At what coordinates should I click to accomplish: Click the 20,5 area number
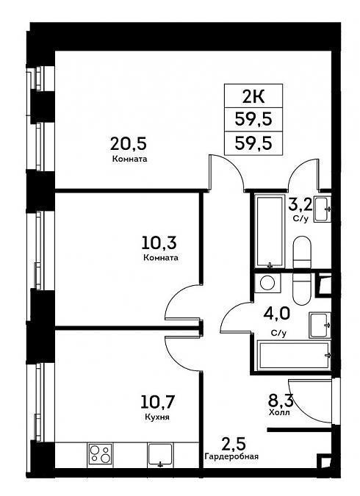click(129, 144)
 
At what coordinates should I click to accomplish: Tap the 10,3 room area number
click(159, 242)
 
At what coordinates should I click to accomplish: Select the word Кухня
click(157, 417)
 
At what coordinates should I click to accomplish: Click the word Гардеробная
click(231, 456)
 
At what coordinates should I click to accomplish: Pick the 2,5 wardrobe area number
click(234, 444)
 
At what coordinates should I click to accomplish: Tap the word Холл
click(279, 412)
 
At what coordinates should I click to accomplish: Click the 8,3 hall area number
click(281, 400)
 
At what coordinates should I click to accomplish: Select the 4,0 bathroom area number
click(276, 315)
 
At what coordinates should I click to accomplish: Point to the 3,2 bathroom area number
click(300, 205)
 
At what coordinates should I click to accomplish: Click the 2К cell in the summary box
click(253, 96)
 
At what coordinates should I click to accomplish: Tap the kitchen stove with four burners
click(100, 454)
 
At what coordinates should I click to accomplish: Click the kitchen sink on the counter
click(160, 455)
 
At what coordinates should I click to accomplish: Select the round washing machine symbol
click(267, 282)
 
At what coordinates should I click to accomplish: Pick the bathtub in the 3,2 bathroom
click(270, 231)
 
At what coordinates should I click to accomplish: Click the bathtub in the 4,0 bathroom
click(295, 355)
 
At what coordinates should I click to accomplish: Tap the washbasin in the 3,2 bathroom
click(323, 209)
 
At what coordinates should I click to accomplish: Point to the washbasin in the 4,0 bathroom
click(320, 325)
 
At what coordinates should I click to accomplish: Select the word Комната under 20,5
click(129, 159)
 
